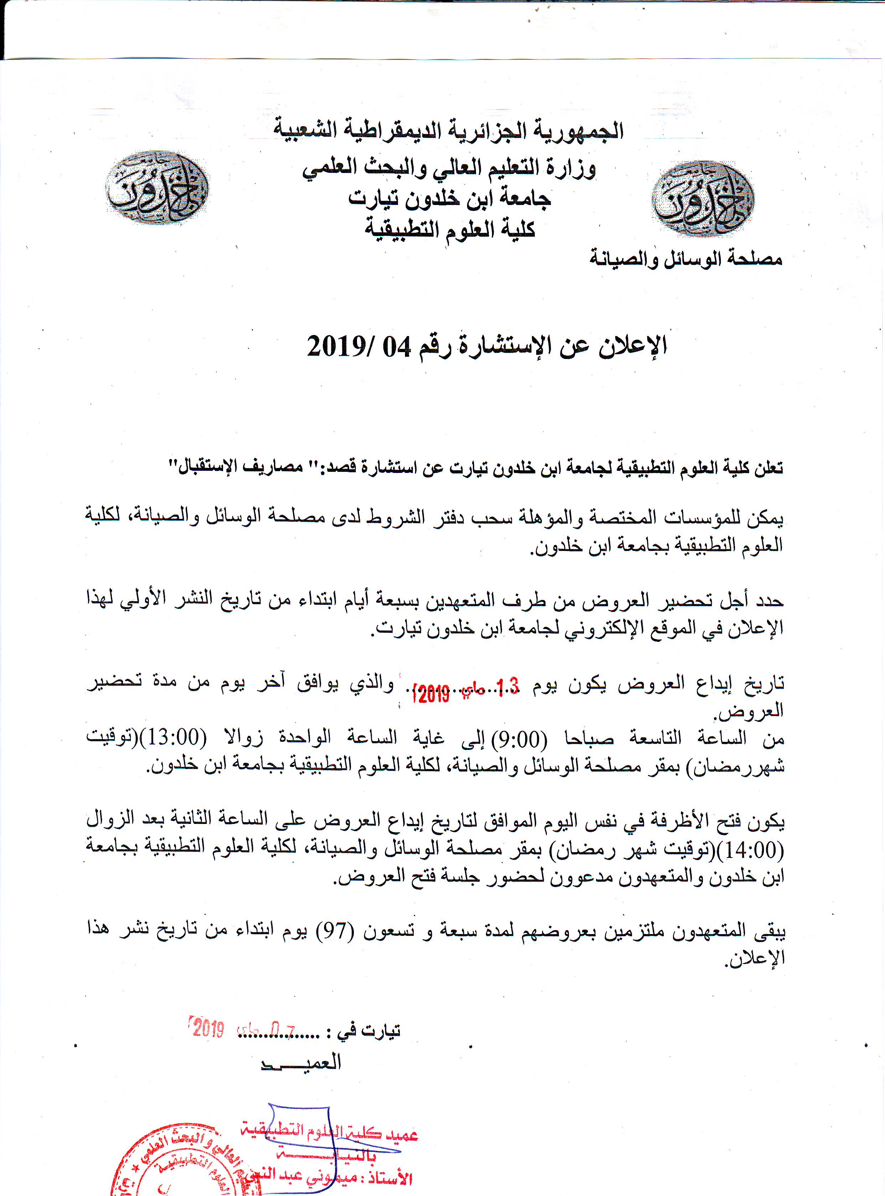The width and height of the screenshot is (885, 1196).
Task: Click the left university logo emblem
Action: [156, 187]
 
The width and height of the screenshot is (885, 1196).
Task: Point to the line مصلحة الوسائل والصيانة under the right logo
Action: [686, 259]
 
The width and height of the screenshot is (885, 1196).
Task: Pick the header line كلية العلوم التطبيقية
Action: [450, 230]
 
